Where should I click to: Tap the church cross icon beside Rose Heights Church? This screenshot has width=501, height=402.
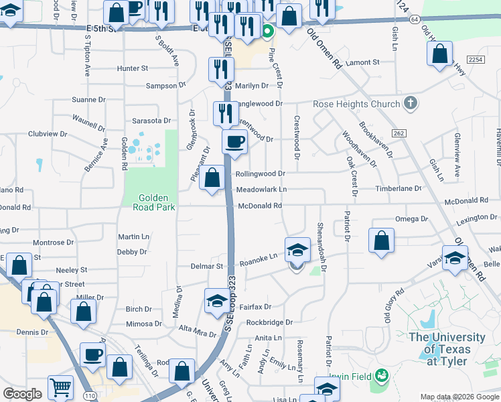point(411,103)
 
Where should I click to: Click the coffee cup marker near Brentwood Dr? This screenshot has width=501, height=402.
point(234,141)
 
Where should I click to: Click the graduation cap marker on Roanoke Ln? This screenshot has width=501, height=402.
point(298,251)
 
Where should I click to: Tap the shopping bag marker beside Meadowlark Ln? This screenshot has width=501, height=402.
point(212,178)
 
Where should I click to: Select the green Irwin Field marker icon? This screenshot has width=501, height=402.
point(382,375)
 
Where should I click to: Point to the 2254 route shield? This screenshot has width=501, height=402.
point(476,60)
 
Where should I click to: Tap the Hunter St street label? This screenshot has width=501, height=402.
point(132,68)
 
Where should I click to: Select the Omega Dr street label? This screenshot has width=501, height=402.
point(411,219)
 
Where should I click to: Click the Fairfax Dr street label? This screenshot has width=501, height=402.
point(255,307)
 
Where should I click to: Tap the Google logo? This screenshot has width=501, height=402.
point(22,394)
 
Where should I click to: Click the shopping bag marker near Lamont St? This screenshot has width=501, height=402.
point(439,56)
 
